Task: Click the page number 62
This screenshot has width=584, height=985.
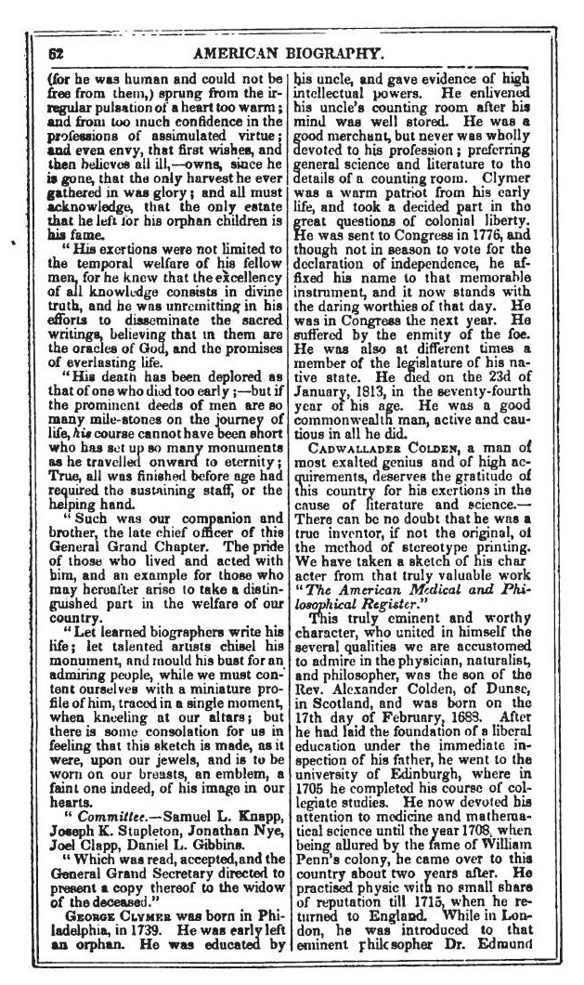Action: click(56, 53)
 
